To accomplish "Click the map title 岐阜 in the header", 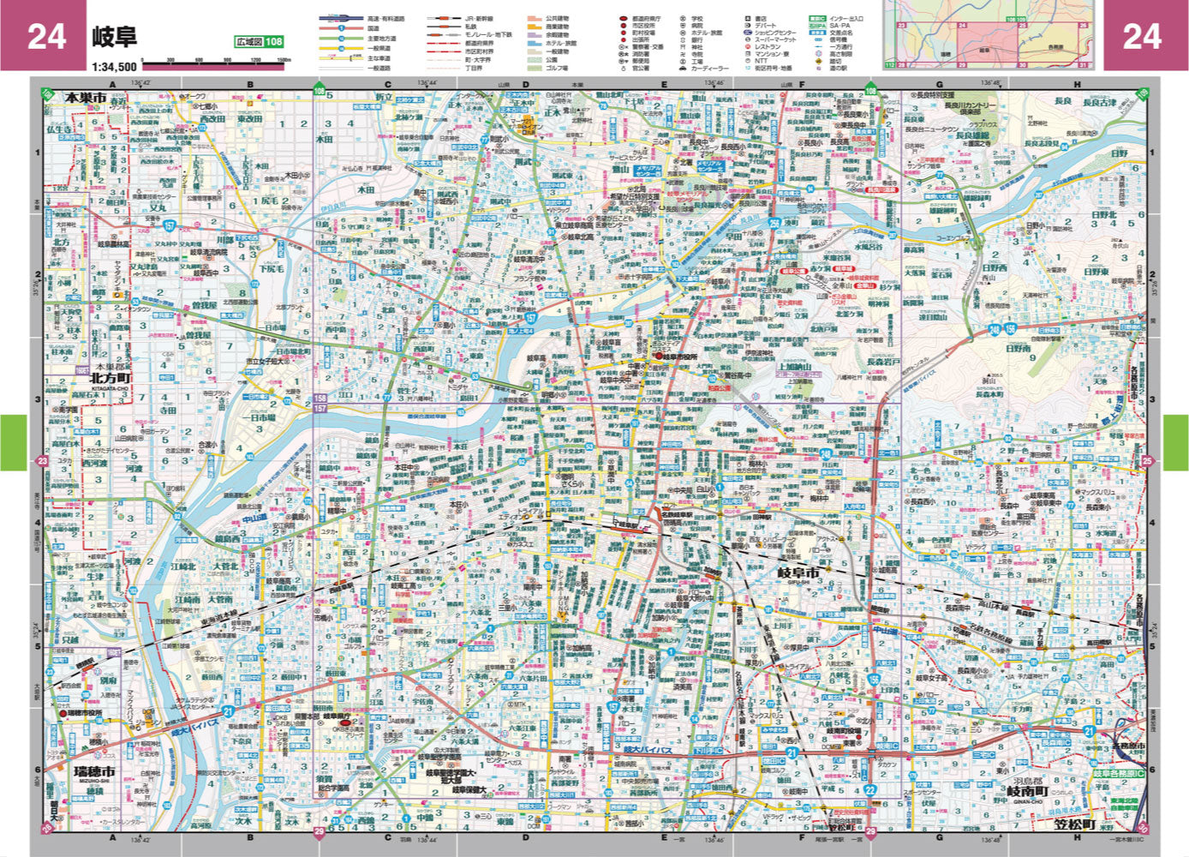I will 114,37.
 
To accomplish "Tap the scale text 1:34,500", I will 114,66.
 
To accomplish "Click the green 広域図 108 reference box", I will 259,42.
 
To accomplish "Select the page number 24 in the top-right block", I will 1142,37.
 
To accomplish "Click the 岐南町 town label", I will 1026,792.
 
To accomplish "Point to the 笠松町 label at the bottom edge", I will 1074,824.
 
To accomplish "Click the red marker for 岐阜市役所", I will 660,356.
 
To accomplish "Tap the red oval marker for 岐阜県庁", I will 347,722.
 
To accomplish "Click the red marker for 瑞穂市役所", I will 63,712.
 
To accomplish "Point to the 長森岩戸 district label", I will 883,362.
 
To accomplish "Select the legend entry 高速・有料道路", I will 385,18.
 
